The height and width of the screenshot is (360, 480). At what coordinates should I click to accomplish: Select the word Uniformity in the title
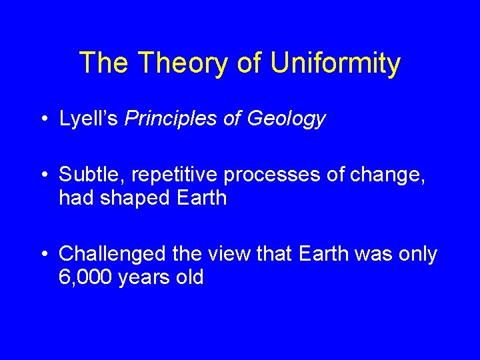[x=335, y=64]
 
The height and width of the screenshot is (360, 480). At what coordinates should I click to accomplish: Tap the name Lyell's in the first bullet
[x=89, y=119]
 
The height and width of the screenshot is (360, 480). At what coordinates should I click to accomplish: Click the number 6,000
[x=85, y=277]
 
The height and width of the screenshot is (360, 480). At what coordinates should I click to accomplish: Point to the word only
[x=416, y=255]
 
